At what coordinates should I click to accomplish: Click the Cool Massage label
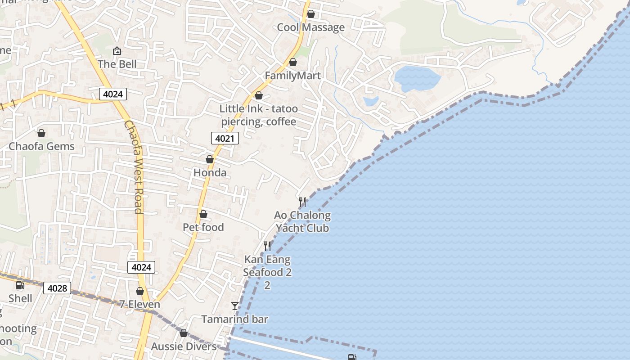coord(310,27)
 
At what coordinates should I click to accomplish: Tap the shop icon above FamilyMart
coord(293,62)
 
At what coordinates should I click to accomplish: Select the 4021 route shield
coord(225,139)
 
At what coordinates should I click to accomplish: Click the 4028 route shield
coord(57,288)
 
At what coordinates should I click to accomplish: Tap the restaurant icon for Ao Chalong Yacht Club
coord(302,202)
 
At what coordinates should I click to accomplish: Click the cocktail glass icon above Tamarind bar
coord(235,306)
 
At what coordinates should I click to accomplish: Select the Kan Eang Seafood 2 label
coord(267,266)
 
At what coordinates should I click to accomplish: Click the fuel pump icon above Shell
coord(20,285)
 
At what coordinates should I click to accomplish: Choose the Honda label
coord(210,173)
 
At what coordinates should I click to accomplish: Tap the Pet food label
coord(203,227)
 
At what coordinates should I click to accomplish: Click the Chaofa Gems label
coord(41,146)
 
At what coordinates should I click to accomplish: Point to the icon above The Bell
coord(117,51)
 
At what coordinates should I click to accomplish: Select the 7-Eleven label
coord(139,304)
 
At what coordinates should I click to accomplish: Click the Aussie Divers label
coord(184,346)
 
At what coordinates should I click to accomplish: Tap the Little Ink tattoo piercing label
coord(258,115)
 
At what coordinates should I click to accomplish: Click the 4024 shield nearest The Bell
coord(113,94)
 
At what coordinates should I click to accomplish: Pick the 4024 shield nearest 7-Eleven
coord(141,267)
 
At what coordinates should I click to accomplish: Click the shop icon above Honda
coord(210,159)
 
